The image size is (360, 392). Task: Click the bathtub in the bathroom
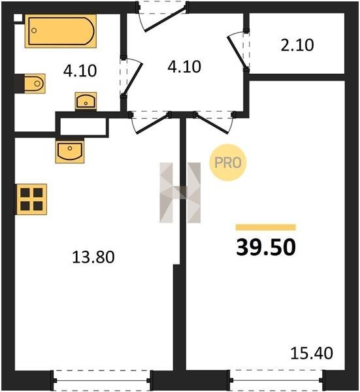coord(61,31)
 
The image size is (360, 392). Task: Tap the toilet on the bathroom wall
coord(35,84)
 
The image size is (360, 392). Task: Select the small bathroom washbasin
coord(86,101)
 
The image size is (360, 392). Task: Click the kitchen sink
coord(70,150)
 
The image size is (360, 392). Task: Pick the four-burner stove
coord(31,199)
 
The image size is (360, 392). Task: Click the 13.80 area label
coord(93,257)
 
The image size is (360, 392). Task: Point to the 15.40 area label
coord(312,353)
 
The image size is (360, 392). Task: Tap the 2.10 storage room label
coord(297,45)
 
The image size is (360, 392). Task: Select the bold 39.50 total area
coord(266,247)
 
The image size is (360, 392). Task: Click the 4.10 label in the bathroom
coord(80,71)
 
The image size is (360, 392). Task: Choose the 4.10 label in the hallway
coord(184,67)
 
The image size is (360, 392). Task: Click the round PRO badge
coord(228,163)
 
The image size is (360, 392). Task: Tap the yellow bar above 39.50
coord(266,227)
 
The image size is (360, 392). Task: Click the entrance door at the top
coord(163,17)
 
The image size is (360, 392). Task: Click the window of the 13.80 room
coord(101,380)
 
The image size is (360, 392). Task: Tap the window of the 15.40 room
coord(276,380)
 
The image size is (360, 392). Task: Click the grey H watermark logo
coord(180,193)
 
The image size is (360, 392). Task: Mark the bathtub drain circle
coord(34,31)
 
